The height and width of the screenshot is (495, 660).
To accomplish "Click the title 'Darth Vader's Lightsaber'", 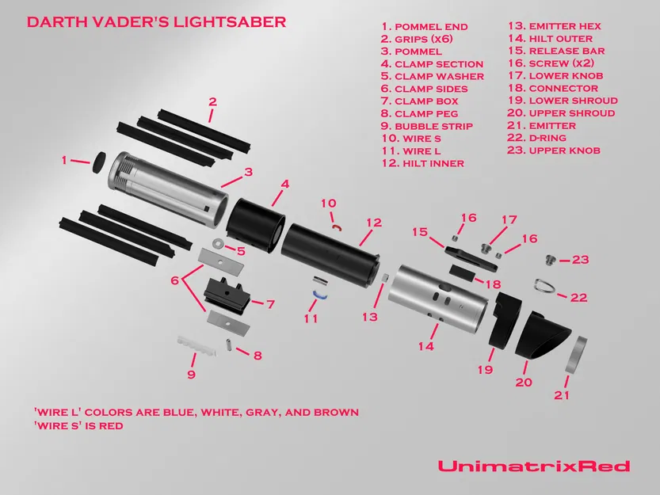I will point(157,22).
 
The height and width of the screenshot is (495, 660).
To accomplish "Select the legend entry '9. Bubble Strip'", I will point(426,126).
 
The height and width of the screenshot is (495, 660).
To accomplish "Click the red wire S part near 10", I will point(335,228).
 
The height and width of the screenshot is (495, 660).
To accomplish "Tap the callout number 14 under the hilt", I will point(426,346).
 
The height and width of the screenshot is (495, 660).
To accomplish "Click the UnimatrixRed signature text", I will point(534,466).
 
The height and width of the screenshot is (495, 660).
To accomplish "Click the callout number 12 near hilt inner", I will point(374,223).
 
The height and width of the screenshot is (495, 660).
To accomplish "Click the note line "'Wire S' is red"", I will point(78,426).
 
